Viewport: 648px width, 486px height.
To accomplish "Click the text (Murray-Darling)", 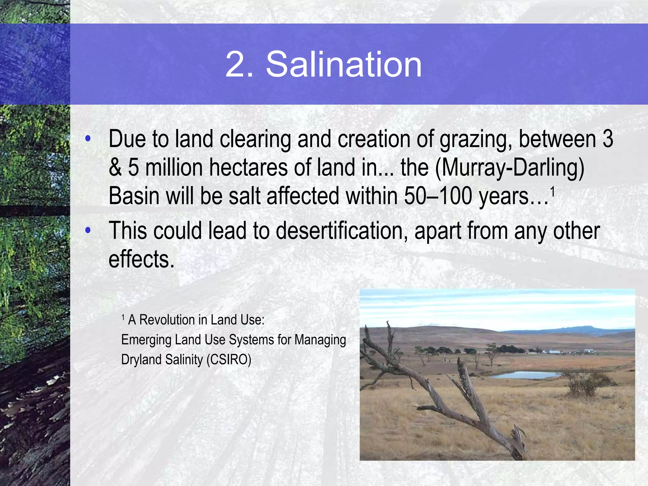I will [510, 168].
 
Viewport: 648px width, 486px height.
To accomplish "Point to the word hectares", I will [248, 168].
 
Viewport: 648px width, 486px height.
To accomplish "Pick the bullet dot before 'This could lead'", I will [88, 230].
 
